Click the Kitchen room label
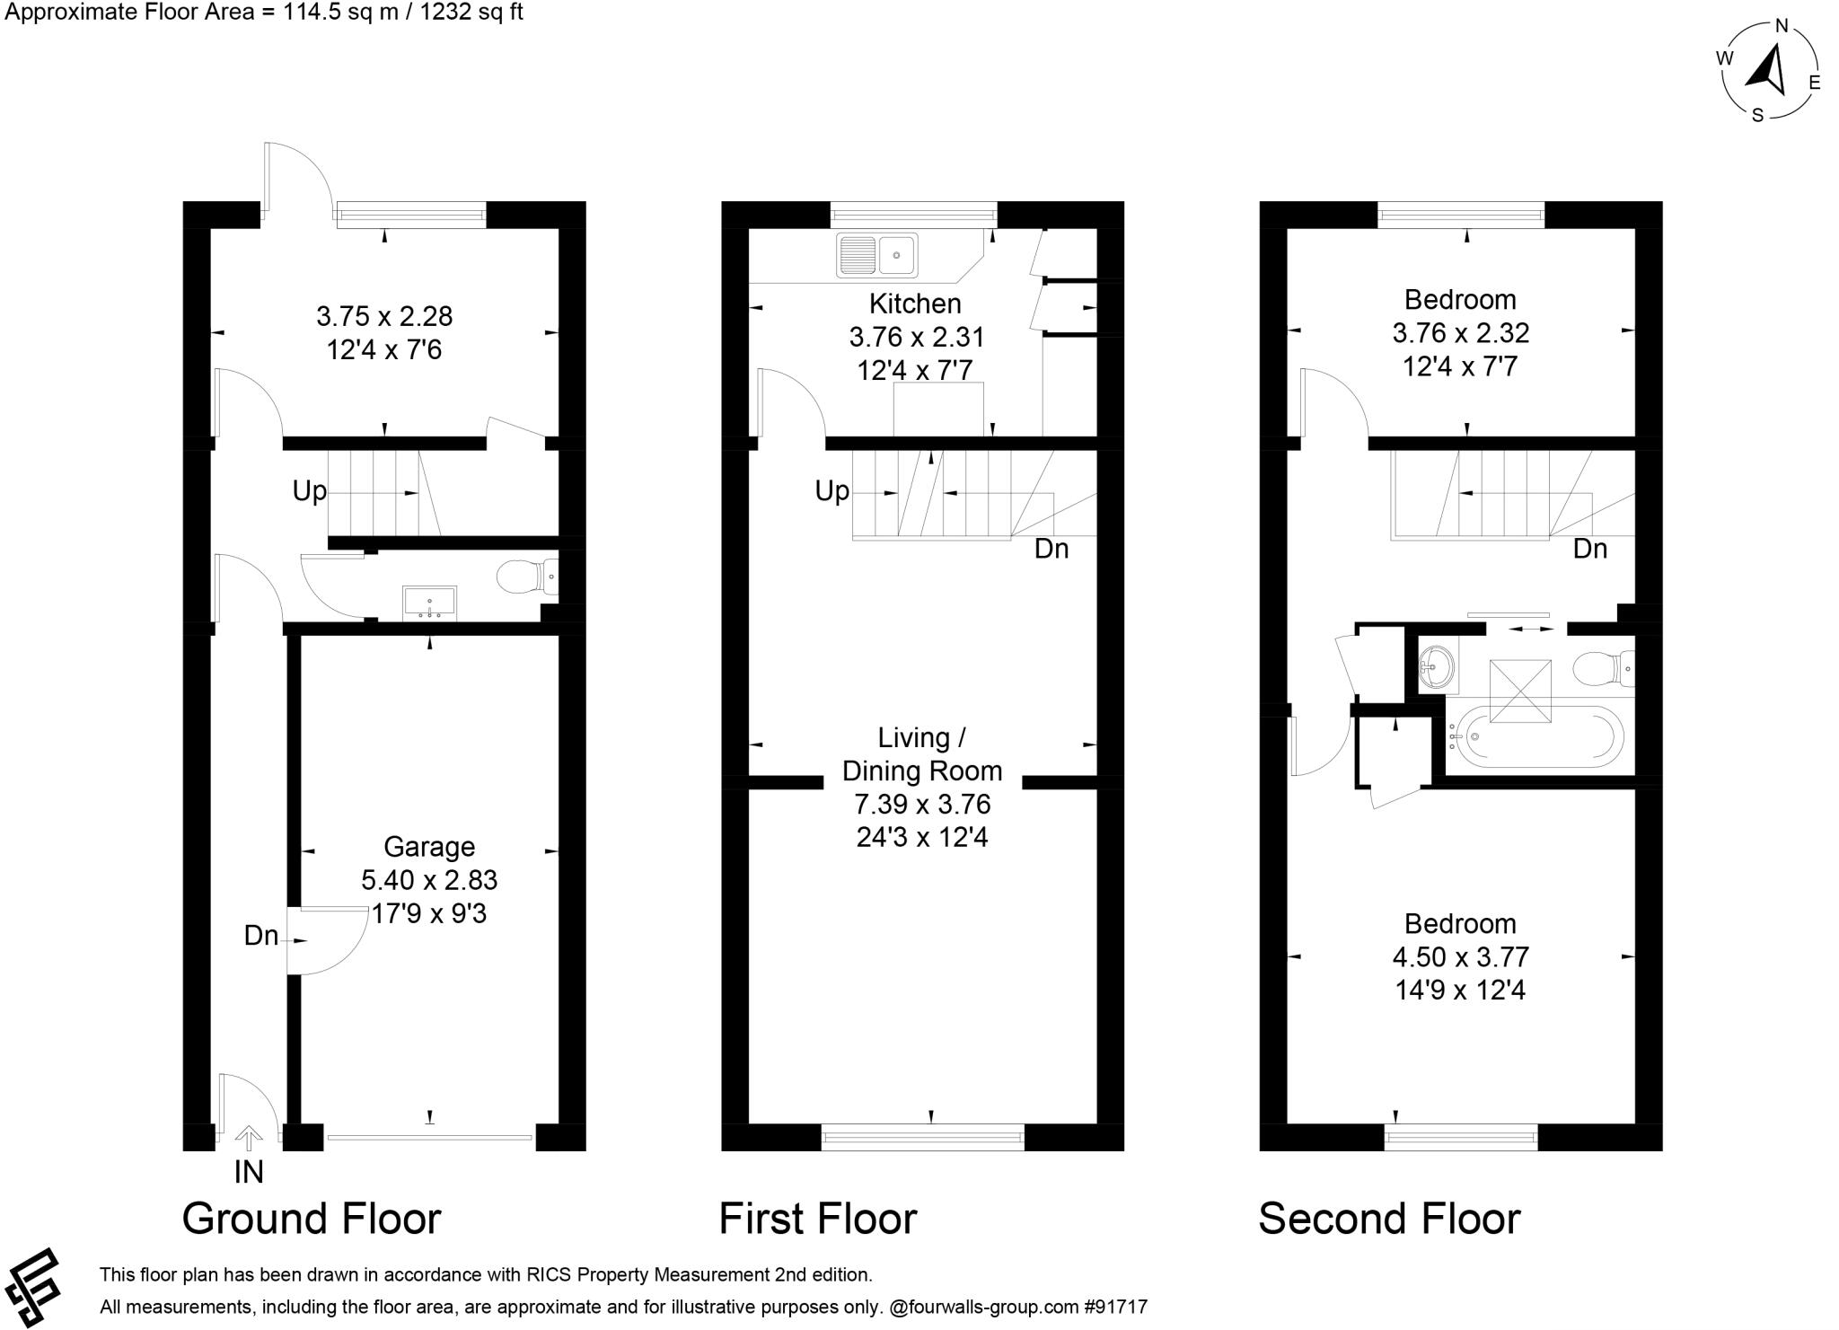point(915,304)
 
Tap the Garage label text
point(429,846)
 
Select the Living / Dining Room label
point(922,754)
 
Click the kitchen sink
point(876,255)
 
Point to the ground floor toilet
point(527,577)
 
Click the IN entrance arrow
point(248,1139)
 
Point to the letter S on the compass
point(1758,115)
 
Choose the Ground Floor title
point(312,1219)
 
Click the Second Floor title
point(1389,1219)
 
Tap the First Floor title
point(818,1219)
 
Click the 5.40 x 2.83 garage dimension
point(429,880)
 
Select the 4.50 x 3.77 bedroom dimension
point(1460,957)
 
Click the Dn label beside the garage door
point(261,936)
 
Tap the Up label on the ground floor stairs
point(309,491)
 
